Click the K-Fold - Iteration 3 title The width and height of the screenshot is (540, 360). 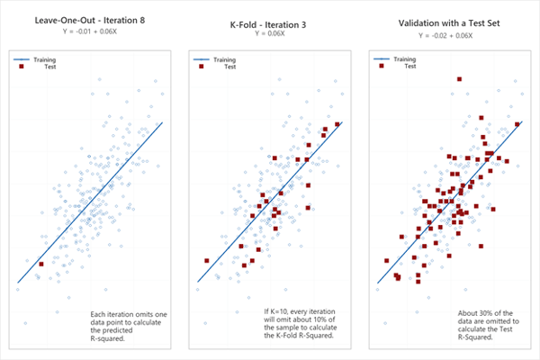click(266, 22)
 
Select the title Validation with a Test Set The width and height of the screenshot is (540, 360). click(447, 22)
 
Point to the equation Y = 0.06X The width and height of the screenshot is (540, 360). click(266, 33)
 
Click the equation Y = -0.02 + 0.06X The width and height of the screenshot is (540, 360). click(447, 33)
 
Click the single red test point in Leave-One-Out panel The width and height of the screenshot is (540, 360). click(40, 264)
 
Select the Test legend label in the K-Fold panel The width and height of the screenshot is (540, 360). click(230, 66)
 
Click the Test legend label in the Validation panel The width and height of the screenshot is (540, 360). click(410, 66)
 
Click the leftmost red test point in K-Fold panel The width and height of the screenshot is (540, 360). click(207, 261)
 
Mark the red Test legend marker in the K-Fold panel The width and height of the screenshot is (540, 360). click(202, 66)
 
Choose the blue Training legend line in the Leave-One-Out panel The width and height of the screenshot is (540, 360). click(22, 59)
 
